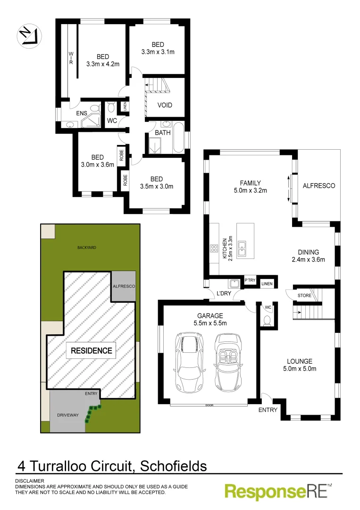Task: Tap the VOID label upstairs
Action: click(165, 105)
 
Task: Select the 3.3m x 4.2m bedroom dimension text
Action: click(103, 64)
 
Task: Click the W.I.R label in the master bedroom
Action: click(71, 59)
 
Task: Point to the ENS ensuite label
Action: click(69, 113)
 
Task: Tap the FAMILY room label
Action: click(250, 183)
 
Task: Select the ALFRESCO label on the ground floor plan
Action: click(318, 186)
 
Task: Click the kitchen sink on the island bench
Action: click(242, 248)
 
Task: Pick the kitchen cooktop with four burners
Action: click(213, 249)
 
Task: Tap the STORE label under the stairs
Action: click(304, 296)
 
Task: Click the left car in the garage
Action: click(189, 362)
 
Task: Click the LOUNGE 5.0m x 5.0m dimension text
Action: click(299, 369)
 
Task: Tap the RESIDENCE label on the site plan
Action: click(92, 350)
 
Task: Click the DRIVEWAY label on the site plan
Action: click(67, 414)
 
